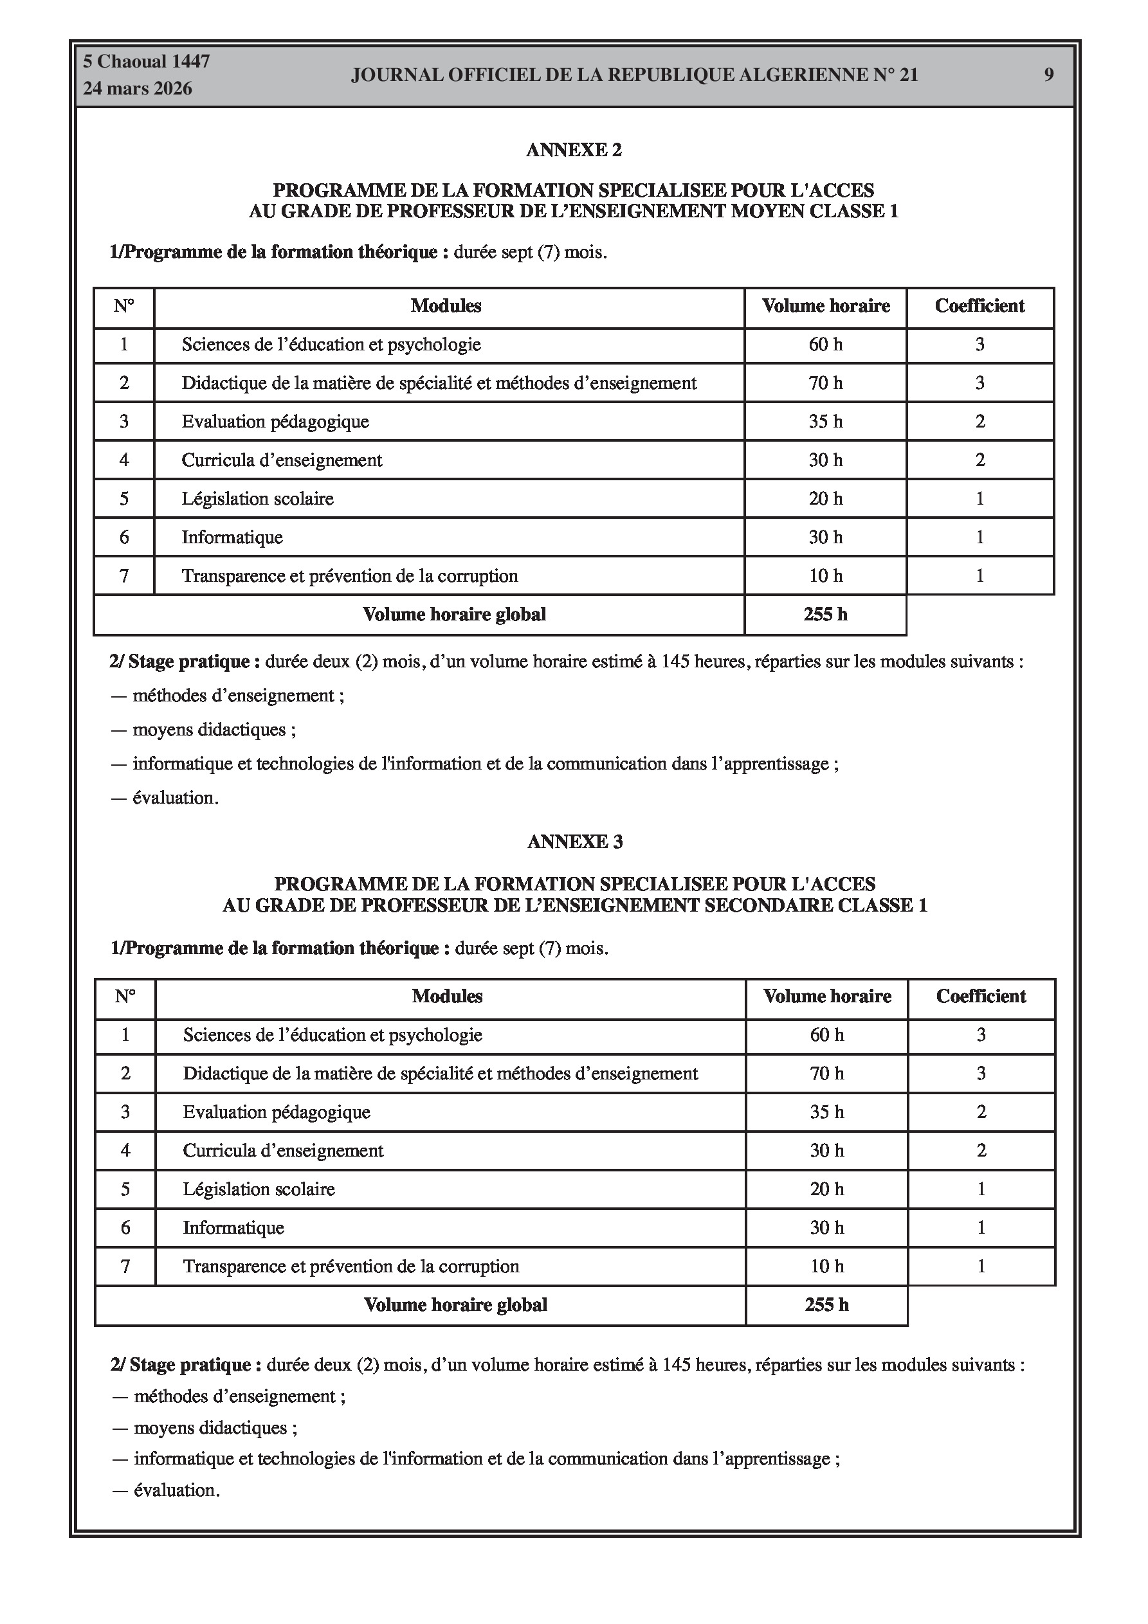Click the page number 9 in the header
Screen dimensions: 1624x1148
tap(1048, 75)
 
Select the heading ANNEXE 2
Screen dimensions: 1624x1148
tap(574, 150)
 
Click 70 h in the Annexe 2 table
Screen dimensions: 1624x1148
tap(825, 383)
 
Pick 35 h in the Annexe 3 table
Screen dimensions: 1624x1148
tap(826, 1112)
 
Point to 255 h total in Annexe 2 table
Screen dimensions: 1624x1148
tap(825, 615)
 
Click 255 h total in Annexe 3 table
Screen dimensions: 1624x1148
tap(826, 1305)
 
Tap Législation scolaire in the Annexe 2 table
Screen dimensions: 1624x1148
tap(258, 499)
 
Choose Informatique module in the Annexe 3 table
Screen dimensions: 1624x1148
tap(233, 1228)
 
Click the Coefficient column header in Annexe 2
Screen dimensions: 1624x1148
tap(979, 306)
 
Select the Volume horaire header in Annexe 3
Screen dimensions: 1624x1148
tap(826, 997)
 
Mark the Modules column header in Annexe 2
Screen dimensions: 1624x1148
tap(446, 306)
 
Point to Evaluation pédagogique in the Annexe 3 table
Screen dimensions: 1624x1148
tap(277, 1112)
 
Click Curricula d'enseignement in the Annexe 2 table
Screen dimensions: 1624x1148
tap(282, 460)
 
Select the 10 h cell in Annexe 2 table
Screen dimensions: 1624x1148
tap(825, 576)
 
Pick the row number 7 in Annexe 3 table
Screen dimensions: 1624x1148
tap(125, 1266)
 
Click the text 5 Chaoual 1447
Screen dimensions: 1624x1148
tap(147, 62)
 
